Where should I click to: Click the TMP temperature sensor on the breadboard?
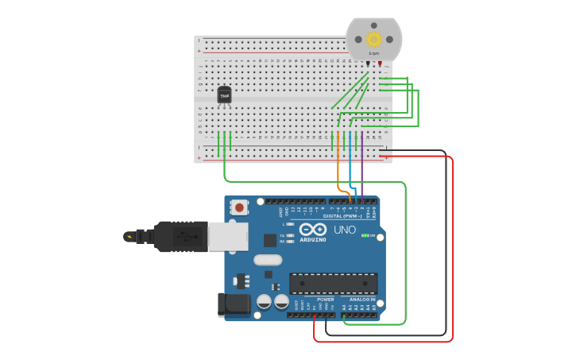pyautogui.click(x=225, y=95)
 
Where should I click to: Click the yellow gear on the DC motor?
pyautogui.click(x=373, y=38)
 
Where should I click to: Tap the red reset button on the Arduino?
pyautogui.click(x=238, y=207)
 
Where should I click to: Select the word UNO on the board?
pyautogui.click(x=345, y=230)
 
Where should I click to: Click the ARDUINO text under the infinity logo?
pyautogui.click(x=313, y=239)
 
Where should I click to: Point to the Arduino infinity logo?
pyautogui.click(x=313, y=230)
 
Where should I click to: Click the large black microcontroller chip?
pyautogui.click(x=333, y=283)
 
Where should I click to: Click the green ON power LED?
pyautogui.click(x=364, y=235)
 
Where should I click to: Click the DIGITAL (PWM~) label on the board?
pyautogui.click(x=342, y=215)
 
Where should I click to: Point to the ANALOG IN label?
pyautogui.click(x=361, y=300)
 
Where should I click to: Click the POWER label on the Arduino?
pyautogui.click(x=326, y=300)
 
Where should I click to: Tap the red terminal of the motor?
pyautogui.click(x=380, y=64)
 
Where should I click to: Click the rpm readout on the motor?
pyautogui.click(x=373, y=53)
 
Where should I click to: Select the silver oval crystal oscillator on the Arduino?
pyautogui.click(x=268, y=260)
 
